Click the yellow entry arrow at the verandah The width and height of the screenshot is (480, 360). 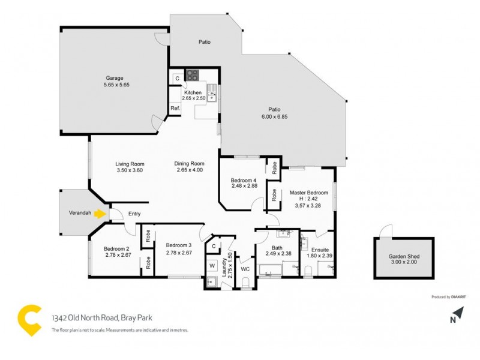pos(100,212)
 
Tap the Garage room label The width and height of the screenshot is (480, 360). pos(115,78)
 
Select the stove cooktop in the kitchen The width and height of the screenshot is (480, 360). pos(193,76)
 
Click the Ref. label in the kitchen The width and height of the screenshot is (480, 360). pos(175,108)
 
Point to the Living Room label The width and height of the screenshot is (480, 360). pos(130,163)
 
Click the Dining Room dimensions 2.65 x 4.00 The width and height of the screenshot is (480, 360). pos(189,170)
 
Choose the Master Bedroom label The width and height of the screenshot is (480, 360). pos(309,193)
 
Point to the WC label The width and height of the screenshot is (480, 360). pos(245,269)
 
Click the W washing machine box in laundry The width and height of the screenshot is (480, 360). pos(212,265)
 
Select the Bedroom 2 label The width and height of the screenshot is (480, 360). pos(116,249)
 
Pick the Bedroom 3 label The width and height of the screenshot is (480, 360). pos(179,245)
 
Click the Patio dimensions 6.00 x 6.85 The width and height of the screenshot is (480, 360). pos(274,116)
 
